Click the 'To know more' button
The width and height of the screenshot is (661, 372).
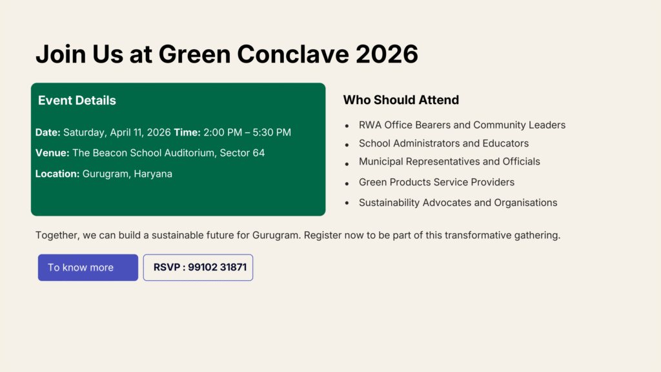(88, 267)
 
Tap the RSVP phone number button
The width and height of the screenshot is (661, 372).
(198, 267)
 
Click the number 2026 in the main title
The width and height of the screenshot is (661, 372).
(387, 54)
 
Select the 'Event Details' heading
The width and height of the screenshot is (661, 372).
(77, 100)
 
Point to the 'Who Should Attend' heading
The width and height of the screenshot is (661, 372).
(401, 100)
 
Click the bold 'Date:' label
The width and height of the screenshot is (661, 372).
(48, 132)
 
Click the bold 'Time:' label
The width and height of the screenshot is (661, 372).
(187, 132)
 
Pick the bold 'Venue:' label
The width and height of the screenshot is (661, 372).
(52, 152)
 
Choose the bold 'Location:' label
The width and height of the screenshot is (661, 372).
(57, 174)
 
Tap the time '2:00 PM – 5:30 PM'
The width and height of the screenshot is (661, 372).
(247, 132)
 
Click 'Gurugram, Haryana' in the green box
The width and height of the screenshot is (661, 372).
(127, 174)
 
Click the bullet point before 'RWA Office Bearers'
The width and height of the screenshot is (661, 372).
(347, 126)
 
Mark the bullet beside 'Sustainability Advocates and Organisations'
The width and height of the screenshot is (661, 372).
(347, 203)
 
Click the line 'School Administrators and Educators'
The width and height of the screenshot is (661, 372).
(443, 143)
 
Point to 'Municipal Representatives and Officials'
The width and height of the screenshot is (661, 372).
(449, 161)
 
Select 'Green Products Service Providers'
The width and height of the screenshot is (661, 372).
(437, 182)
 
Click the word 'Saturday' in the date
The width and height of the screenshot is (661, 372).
(85, 132)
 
